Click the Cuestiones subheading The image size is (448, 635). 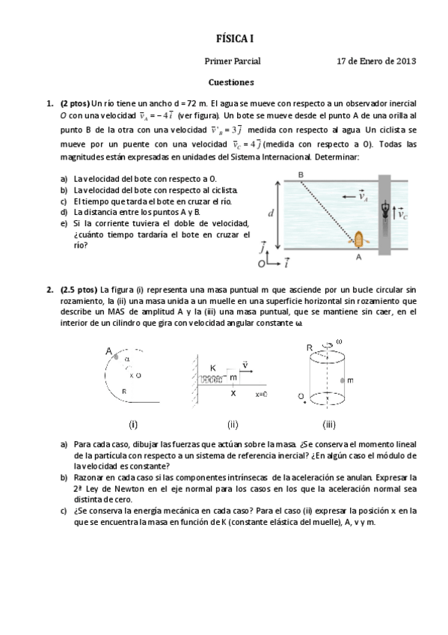(230, 82)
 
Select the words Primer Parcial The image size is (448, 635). (232, 61)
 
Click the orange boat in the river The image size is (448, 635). (359, 240)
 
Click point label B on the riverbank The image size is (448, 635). (301, 174)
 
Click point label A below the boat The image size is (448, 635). (359, 257)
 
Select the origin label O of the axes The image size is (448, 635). (261, 264)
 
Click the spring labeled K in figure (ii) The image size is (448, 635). (212, 380)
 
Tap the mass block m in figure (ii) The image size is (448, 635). (233, 377)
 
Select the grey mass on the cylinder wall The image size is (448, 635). (341, 380)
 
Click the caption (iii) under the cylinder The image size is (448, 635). (328, 425)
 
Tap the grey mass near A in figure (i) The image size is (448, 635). (117, 357)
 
